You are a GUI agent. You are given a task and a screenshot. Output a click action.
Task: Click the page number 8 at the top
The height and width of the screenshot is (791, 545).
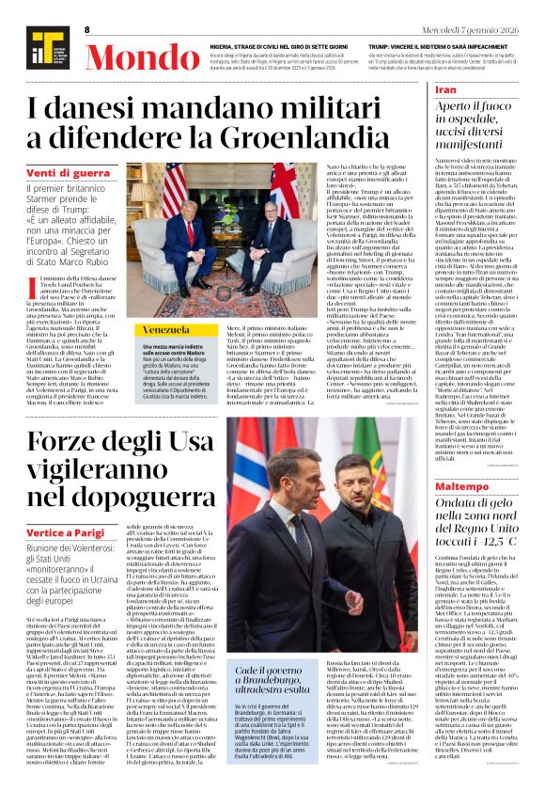pyautogui.click(x=86, y=30)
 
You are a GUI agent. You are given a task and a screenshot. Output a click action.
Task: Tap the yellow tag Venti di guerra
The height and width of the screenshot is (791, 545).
pyautogui.click(x=67, y=173)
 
